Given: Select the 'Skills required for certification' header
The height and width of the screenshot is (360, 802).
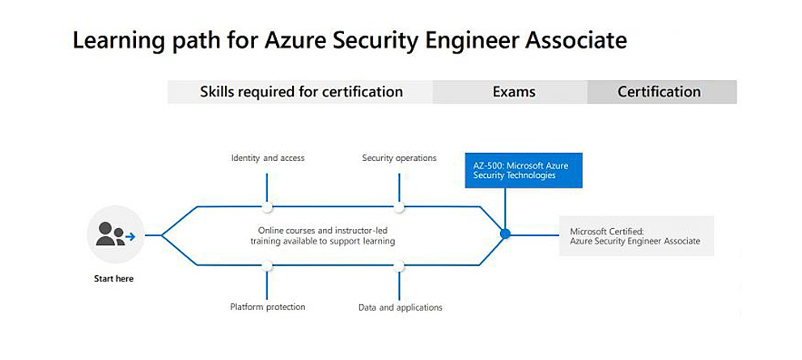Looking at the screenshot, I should point(301,91).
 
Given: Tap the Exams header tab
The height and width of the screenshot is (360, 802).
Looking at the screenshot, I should point(514,91).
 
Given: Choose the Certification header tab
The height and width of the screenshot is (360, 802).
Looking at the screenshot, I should point(659,91).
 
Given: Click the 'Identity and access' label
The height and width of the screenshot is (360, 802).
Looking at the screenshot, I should point(268,158).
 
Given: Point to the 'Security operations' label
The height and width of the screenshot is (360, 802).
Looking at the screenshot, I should point(399,158).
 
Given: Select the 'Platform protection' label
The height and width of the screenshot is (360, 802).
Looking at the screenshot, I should point(268,307).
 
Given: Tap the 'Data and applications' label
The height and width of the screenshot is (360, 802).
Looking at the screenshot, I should point(400,307).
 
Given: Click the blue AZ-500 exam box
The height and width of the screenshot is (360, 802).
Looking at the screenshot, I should point(524,170).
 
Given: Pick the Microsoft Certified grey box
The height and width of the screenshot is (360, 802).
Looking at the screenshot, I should point(636,235).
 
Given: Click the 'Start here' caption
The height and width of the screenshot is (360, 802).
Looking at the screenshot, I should point(114,278).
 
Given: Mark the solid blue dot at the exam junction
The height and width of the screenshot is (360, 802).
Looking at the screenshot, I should point(505,234).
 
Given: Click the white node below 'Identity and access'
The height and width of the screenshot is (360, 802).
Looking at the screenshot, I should point(267,207).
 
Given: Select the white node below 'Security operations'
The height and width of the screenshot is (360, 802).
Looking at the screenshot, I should point(399,207).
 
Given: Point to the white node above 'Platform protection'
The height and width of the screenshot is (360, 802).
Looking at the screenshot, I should point(267,265).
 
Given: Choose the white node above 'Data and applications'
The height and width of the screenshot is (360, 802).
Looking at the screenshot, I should point(399,265).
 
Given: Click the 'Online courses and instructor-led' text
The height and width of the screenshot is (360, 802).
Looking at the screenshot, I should point(321,230).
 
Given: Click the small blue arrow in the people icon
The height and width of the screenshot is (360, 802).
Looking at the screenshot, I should point(129,237).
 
